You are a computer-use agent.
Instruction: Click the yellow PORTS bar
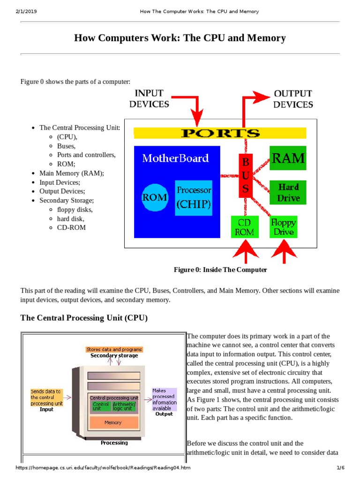(x=220, y=133)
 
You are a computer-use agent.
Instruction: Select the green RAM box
(x=288, y=158)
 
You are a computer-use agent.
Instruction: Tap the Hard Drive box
(x=288, y=192)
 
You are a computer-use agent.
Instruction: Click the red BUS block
(x=246, y=176)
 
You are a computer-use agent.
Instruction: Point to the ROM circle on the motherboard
(x=155, y=197)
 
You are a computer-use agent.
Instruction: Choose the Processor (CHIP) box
(x=194, y=198)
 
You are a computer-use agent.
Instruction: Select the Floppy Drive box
(x=283, y=226)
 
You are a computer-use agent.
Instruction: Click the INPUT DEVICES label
(x=150, y=98)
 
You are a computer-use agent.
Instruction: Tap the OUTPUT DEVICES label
(x=293, y=98)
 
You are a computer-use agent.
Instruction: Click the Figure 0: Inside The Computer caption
(x=220, y=270)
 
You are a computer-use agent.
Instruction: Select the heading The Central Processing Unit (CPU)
(x=84, y=318)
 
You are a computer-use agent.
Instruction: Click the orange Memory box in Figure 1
(x=113, y=422)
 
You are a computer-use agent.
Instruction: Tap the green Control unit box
(x=101, y=406)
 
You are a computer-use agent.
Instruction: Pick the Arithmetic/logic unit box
(x=124, y=406)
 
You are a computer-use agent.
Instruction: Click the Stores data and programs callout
(x=114, y=349)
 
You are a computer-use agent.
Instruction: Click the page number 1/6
(x=340, y=468)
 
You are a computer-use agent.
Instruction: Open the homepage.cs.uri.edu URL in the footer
(x=103, y=468)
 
